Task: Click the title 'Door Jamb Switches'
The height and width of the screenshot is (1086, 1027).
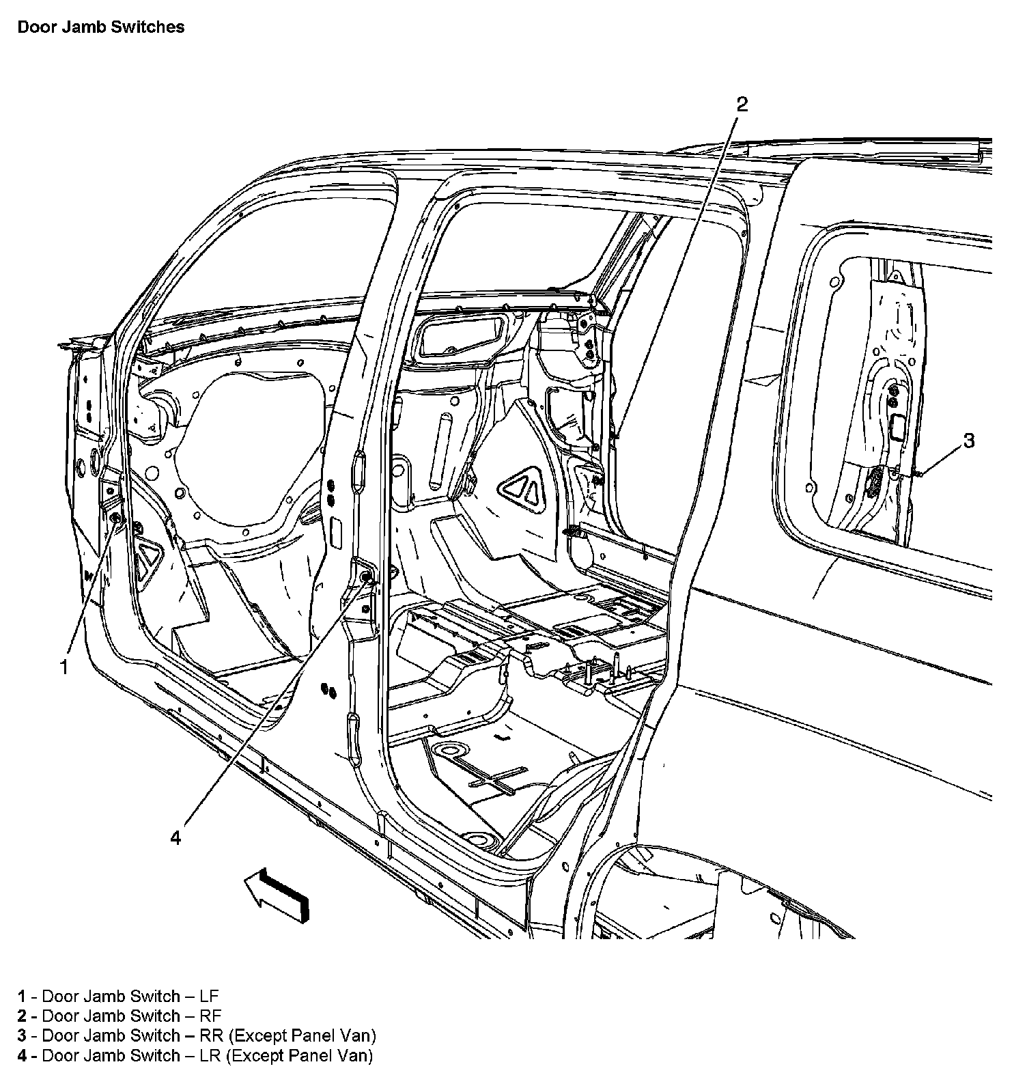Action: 100,27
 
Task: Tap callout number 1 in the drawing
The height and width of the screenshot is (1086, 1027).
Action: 64,667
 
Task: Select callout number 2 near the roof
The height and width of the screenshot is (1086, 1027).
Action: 742,105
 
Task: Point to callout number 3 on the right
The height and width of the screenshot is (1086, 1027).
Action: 969,441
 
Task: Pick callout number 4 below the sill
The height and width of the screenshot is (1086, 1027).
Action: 176,837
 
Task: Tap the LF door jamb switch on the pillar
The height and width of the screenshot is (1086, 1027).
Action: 115,520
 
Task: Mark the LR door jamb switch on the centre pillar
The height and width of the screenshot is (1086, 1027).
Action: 367,578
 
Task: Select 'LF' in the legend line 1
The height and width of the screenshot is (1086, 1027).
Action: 208,997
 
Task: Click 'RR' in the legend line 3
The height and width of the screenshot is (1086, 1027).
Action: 211,1035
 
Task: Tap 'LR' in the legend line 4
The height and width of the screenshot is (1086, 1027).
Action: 210,1055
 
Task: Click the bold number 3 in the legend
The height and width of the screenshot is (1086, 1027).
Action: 23,1035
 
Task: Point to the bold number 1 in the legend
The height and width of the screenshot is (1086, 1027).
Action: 23,997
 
